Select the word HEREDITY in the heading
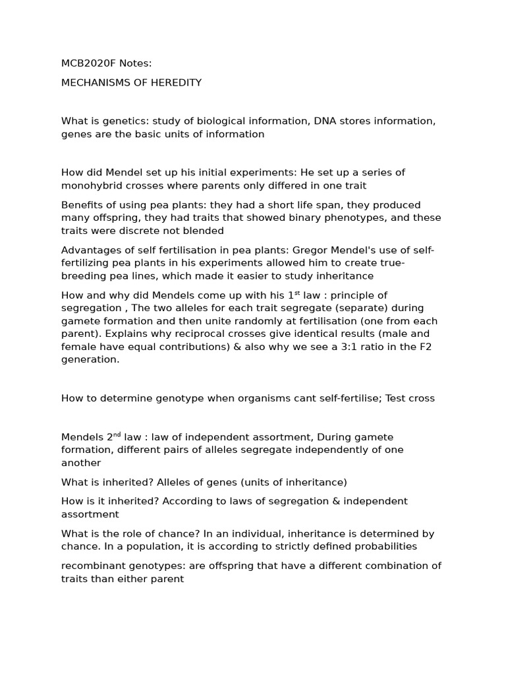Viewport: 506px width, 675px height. [x=176, y=83]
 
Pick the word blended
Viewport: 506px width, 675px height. [x=204, y=231]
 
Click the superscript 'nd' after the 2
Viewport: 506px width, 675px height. [x=117, y=434]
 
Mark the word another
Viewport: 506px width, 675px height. [x=81, y=463]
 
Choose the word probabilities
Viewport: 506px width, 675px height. [x=384, y=546]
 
